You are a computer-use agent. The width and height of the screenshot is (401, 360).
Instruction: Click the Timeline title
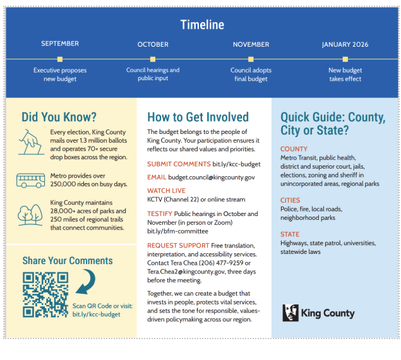click(x=202, y=25)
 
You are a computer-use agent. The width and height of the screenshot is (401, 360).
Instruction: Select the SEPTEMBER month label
click(x=60, y=44)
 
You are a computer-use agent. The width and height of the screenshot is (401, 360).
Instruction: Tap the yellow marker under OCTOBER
click(x=153, y=59)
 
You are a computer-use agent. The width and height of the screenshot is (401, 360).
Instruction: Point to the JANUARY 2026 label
click(x=345, y=45)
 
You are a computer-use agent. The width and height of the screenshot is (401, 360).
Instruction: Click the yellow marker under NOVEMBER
click(x=251, y=59)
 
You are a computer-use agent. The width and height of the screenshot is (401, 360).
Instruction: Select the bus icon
click(x=30, y=181)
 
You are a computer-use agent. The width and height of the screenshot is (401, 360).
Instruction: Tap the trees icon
click(x=30, y=214)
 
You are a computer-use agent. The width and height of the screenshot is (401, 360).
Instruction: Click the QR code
click(x=45, y=294)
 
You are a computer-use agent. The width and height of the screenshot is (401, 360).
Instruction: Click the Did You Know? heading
click(x=59, y=117)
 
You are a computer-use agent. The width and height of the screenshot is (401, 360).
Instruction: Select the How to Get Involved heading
click(x=198, y=117)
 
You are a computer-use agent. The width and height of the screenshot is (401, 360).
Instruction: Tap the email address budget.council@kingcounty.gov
click(x=212, y=177)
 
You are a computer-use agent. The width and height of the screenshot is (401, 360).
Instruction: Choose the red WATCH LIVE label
click(x=166, y=190)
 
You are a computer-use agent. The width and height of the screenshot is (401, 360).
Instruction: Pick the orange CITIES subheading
click(x=290, y=200)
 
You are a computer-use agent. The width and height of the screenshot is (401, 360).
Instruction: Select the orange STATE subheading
click(x=290, y=234)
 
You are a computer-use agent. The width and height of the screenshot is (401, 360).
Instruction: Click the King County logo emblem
click(x=290, y=313)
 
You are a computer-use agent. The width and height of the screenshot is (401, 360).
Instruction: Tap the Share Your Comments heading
click(x=68, y=261)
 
